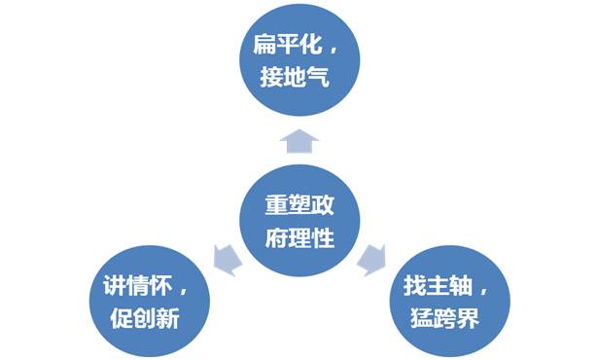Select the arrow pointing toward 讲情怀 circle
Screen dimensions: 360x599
coord(225,258)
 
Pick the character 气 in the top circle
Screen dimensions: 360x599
coord(320,79)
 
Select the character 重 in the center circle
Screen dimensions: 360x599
coord(276,207)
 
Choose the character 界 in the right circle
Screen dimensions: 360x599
coord(467,319)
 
